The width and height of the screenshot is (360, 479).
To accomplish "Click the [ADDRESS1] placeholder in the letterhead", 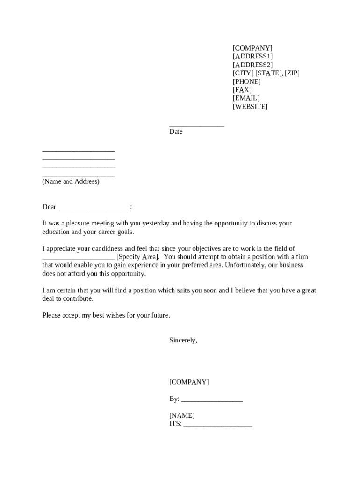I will coord(252,57).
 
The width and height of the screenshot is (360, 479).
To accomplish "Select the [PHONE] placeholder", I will coord(247,82).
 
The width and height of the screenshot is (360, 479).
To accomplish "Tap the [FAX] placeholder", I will coord(242,90).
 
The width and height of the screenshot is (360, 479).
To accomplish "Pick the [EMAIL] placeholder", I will coord(246,98).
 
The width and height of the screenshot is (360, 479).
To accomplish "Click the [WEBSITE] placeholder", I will coord(250,107).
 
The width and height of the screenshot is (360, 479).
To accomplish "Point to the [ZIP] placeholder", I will coord(292,73).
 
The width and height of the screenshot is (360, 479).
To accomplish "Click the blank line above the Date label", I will coord(197,125).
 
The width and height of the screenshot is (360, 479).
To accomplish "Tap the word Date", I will coord(176,132).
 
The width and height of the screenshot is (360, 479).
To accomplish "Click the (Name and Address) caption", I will coord(71,181).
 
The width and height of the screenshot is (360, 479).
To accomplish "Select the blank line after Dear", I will coord(94,208).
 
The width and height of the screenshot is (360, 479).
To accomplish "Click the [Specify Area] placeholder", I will coord(138,257).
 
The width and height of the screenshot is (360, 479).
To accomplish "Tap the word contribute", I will coord(79,299).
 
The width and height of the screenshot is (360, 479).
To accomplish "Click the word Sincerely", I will coord(183,341).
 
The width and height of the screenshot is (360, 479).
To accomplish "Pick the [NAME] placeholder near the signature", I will coord(182,416).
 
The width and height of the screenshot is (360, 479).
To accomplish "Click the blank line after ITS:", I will coord(218,425).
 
